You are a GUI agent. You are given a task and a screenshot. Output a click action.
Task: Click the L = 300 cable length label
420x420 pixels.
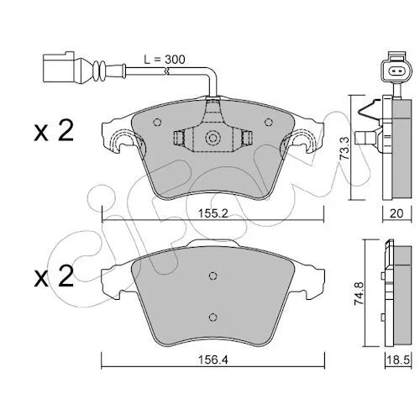tap(165, 60)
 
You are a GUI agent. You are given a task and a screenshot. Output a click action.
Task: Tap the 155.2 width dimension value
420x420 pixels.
tap(213, 213)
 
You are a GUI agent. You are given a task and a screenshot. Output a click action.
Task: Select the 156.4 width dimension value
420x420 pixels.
tap(213, 360)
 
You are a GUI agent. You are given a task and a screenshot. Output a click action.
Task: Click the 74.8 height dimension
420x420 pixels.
tap(359, 293)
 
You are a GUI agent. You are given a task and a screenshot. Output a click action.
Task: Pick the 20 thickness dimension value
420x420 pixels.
tap(396, 213)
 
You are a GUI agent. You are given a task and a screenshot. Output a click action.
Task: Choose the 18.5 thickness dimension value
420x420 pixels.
tap(398, 360)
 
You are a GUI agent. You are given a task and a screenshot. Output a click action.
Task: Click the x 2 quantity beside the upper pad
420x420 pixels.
tap(54, 130)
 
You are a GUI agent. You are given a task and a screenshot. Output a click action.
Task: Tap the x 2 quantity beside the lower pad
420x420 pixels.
tap(54, 276)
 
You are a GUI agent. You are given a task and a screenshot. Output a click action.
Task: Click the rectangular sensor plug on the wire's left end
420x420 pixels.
tap(58, 67)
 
